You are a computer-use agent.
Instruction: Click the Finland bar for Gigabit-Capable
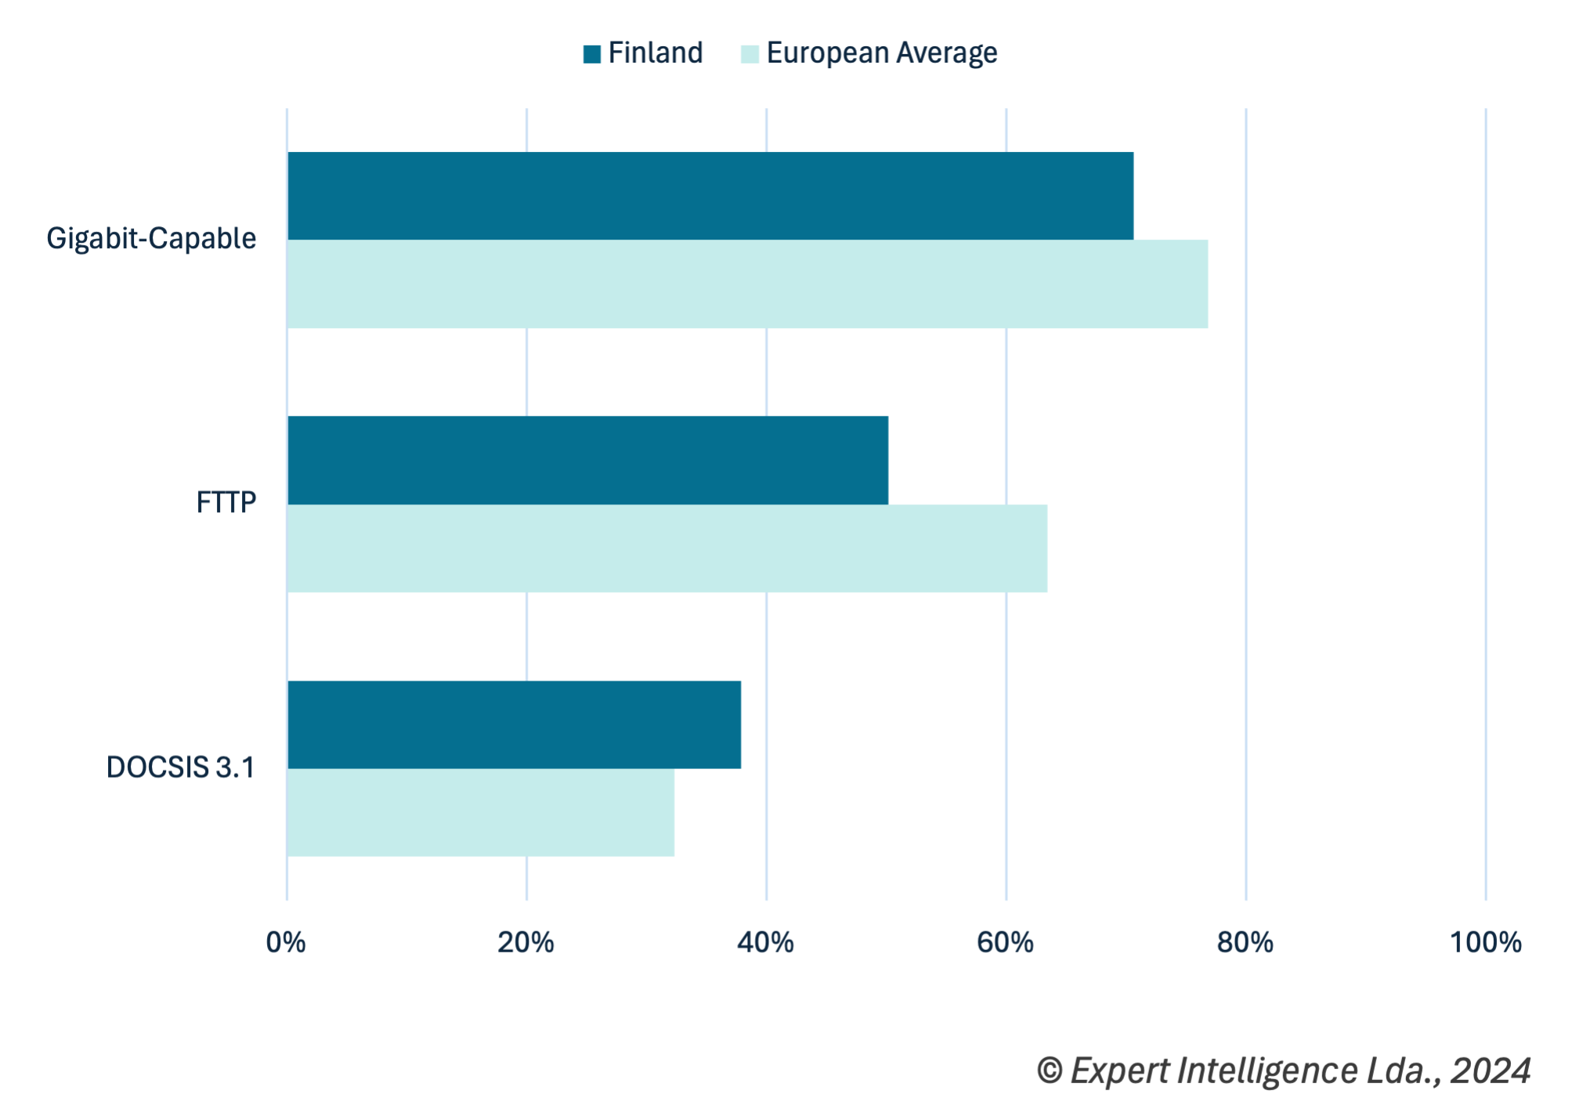[x=710, y=196]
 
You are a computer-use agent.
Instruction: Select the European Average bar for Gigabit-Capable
[x=747, y=284]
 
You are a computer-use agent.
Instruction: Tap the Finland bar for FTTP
[x=587, y=460]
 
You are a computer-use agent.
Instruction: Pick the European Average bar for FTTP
[x=667, y=548]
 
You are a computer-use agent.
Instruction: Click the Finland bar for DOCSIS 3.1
[x=514, y=724]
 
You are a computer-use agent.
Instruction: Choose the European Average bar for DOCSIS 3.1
[x=480, y=812]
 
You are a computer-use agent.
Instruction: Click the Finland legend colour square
[x=592, y=53]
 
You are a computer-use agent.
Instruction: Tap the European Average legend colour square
[x=750, y=53]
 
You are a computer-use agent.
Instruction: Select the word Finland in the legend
[x=656, y=53]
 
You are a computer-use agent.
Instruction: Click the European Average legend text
[x=882, y=53]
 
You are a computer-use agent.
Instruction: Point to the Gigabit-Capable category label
[x=151, y=238]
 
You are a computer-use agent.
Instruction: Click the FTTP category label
[x=226, y=502]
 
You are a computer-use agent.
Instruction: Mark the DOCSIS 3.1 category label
[x=180, y=767]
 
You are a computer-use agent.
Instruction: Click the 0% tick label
[x=286, y=942]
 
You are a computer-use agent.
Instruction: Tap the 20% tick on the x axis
[x=526, y=942]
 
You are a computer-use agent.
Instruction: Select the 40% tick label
[x=765, y=942]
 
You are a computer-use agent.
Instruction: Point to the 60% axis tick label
[x=1005, y=942]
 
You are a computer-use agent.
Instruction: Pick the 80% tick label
[x=1245, y=942]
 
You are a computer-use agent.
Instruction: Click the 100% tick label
[x=1485, y=942]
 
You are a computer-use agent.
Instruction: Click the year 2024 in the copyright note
[x=1490, y=1071]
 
